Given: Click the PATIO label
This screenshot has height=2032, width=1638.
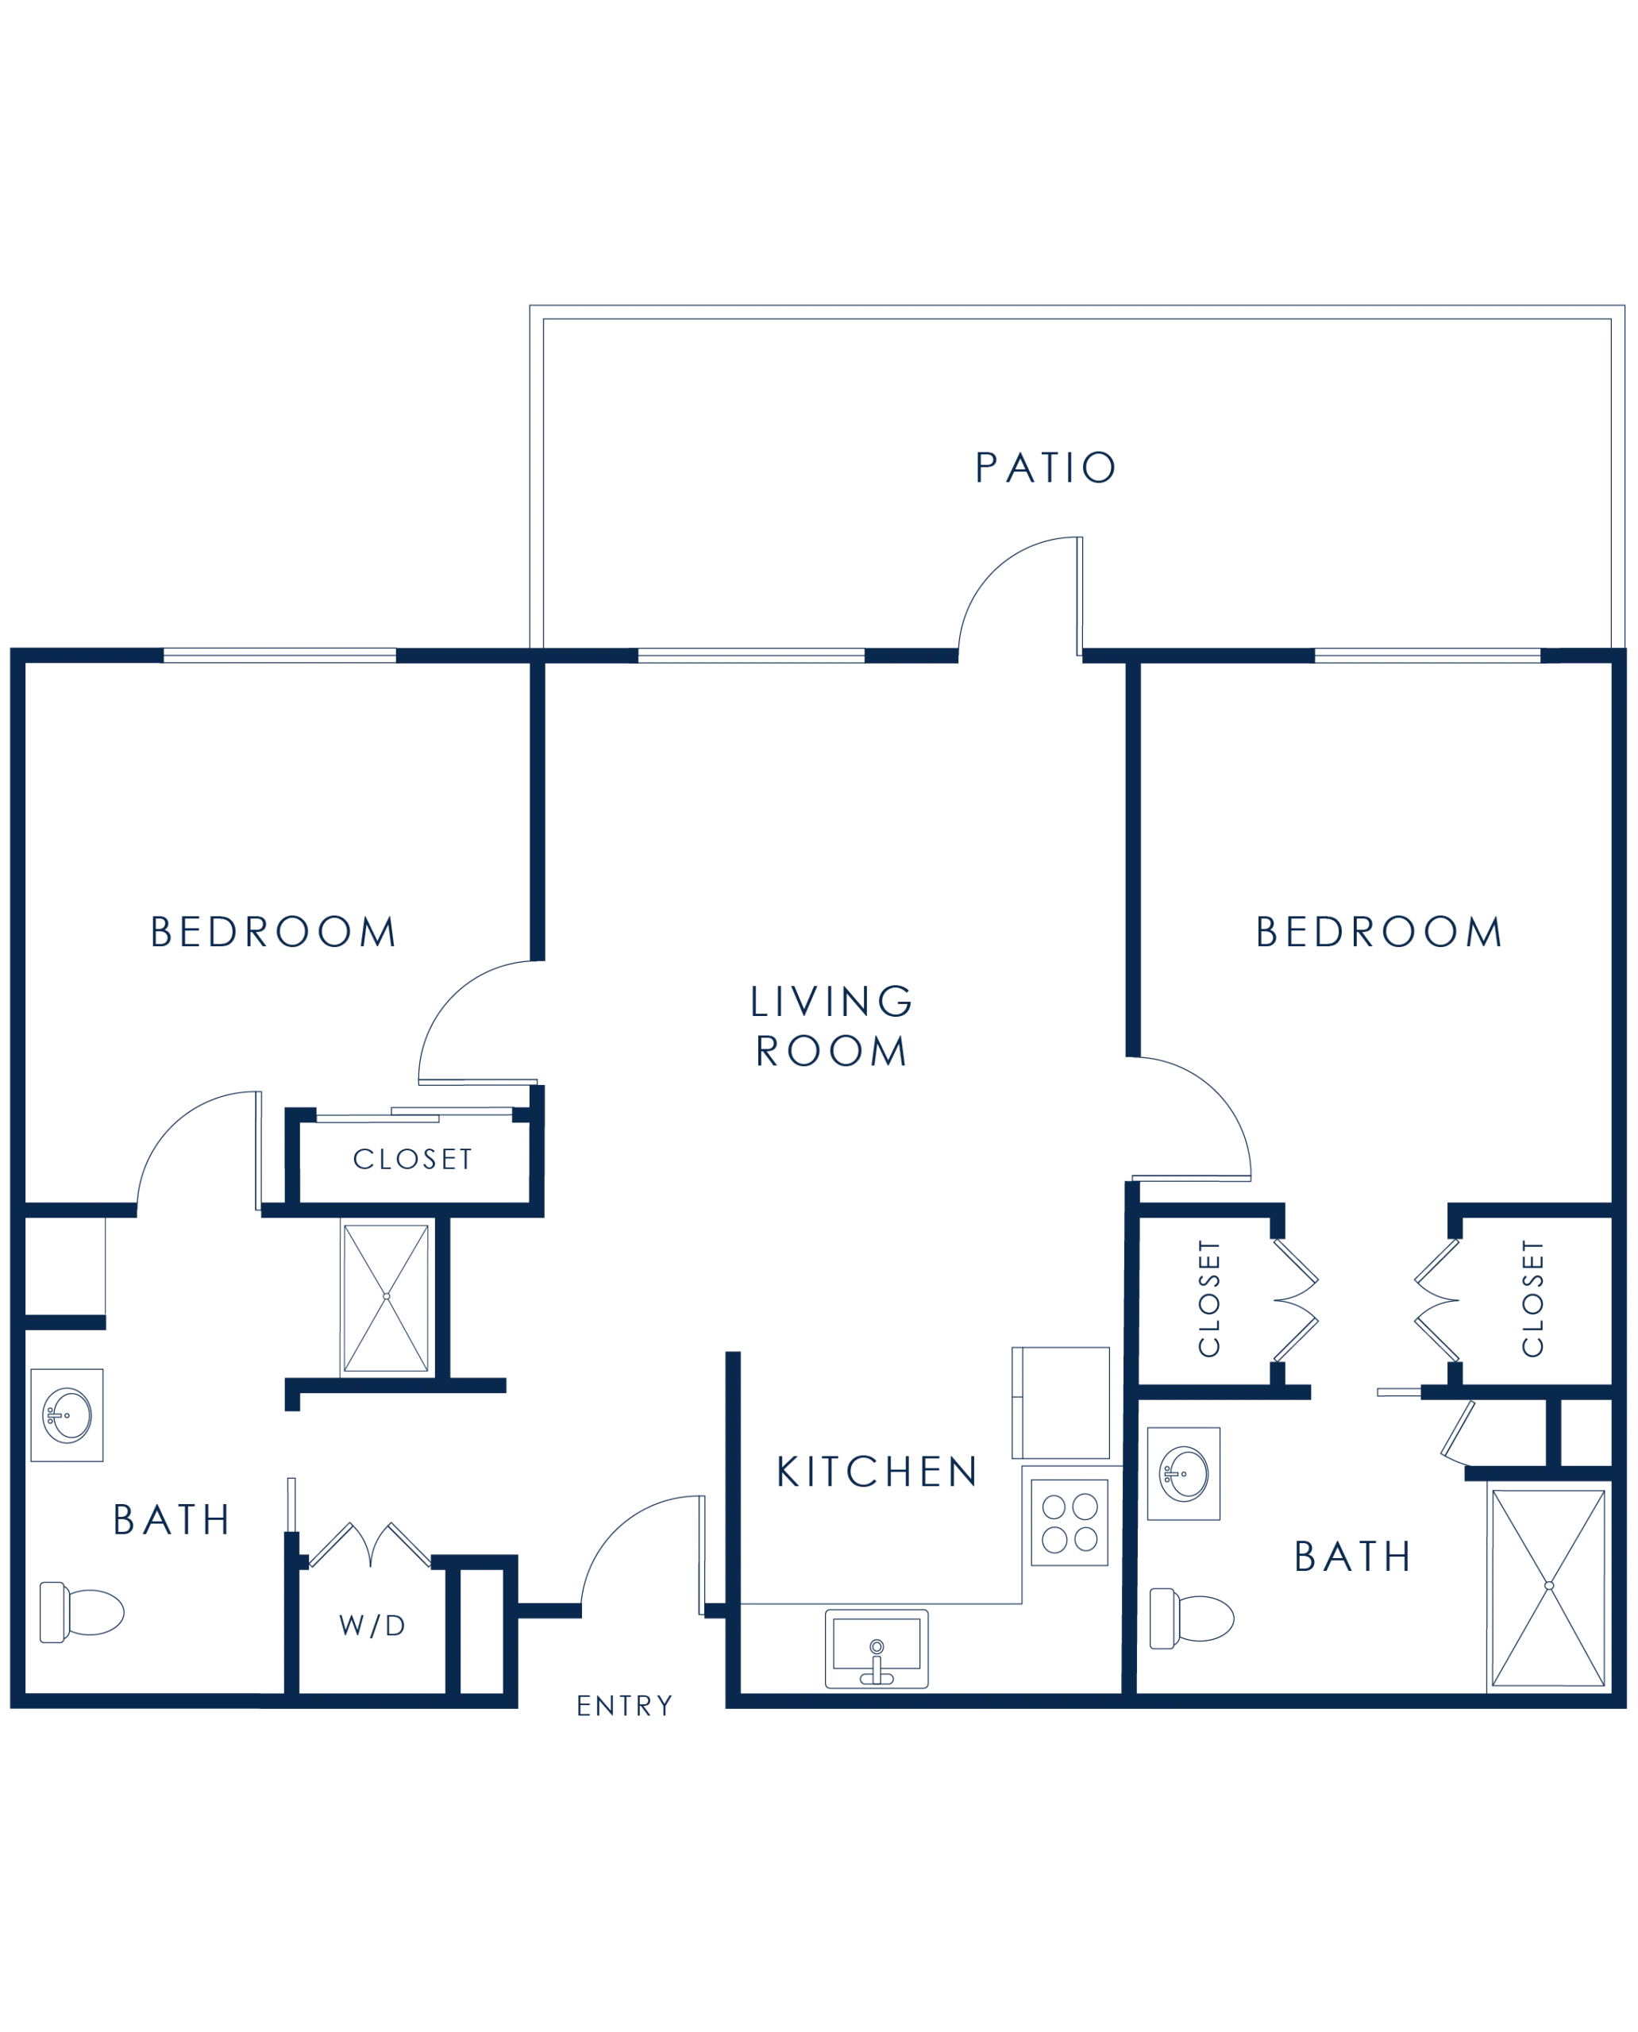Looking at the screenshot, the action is click(1046, 467).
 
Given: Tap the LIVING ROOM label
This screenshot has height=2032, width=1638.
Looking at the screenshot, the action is click(831, 1026).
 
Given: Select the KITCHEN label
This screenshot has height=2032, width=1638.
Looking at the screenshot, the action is click(877, 1472).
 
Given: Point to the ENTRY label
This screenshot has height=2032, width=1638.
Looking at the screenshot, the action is click(625, 1706).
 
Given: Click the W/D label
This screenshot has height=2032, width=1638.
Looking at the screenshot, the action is click(372, 1626).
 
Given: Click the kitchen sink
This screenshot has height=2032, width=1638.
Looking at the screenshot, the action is click(877, 1648).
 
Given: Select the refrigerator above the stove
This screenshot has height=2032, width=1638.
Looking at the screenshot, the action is click(1061, 1403).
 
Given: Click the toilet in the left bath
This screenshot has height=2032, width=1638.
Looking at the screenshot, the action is click(82, 1612).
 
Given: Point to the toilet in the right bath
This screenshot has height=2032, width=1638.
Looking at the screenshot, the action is click(1192, 1618).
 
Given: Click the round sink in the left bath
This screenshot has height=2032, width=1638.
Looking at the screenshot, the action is click(67, 1415).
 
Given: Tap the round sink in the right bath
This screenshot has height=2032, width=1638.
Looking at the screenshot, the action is click(1184, 1473).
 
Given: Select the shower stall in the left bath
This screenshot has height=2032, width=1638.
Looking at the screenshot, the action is click(387, 1297).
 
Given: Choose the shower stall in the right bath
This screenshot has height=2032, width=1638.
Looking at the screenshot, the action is click(1548, 1586).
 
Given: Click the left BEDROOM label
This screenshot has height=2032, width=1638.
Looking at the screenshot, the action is click(272, 932).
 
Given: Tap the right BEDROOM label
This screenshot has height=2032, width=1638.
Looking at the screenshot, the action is click(1378, 932).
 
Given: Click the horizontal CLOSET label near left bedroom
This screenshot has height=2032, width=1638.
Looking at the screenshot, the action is click(412, 1160).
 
